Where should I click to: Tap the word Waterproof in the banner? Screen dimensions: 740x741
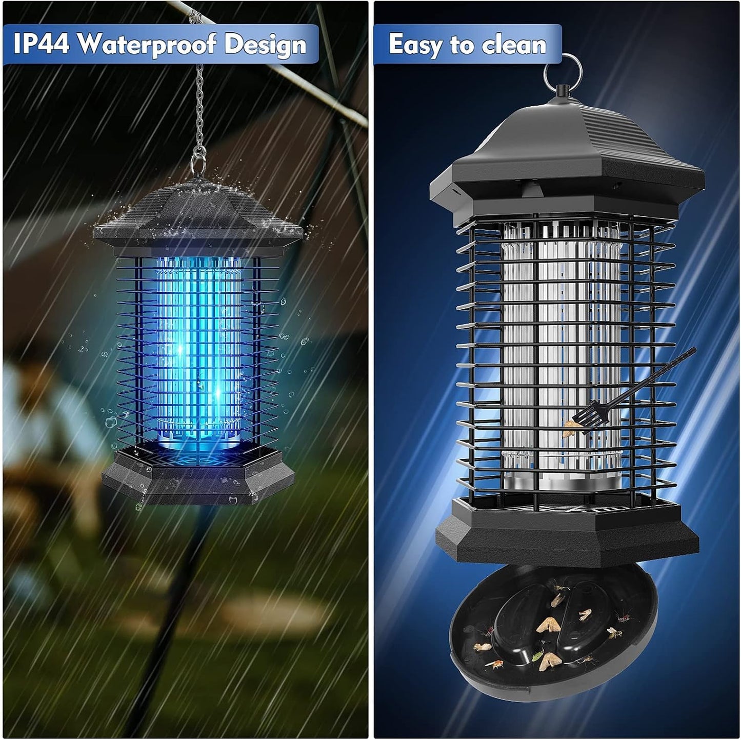click(146, 45)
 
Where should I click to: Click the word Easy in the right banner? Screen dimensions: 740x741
click(415, 44)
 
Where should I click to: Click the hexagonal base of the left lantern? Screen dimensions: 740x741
click(197, 474)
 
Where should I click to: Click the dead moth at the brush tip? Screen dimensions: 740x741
click(570, 430)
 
